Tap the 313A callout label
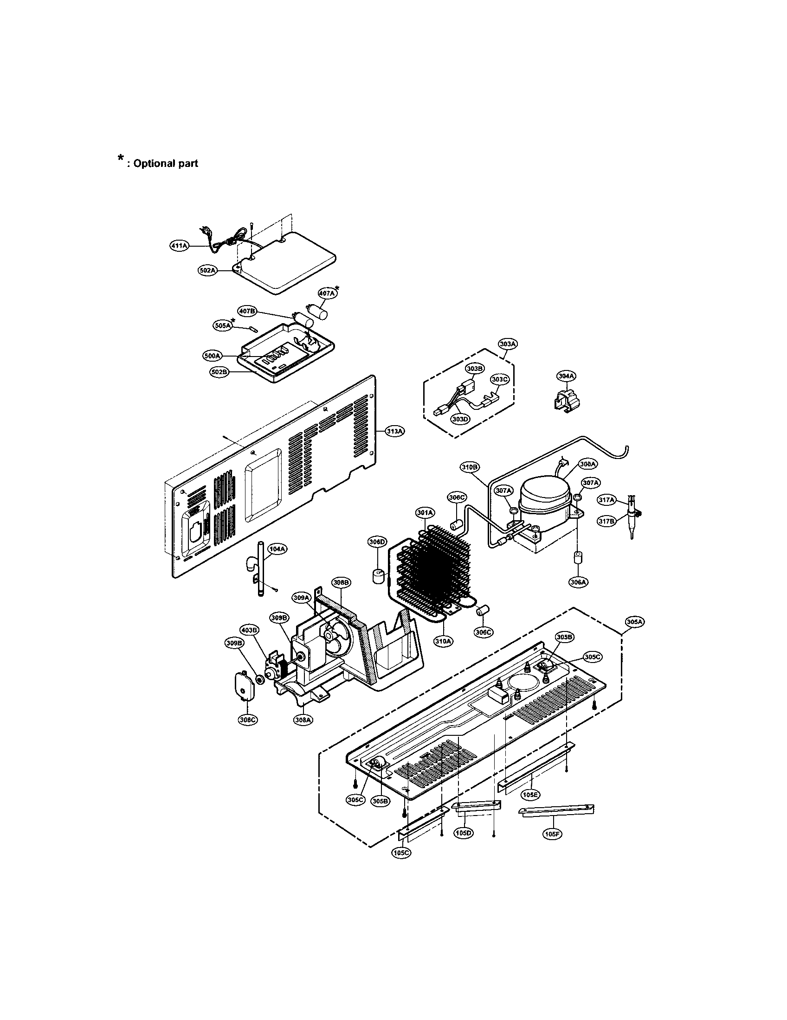pos(394,431)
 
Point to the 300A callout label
pos(587,464)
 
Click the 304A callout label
pos(566,376)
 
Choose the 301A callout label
pos(425,513)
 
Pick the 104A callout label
pos(277,549)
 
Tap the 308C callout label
pos(247,720)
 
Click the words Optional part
pos(166,164)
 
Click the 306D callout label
pos(377,542)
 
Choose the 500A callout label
pos(212,356)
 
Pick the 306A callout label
pos(578,582)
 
